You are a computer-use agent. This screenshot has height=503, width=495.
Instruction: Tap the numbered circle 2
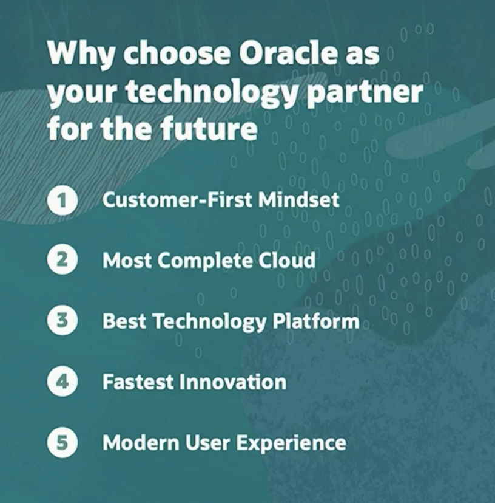(62, 259)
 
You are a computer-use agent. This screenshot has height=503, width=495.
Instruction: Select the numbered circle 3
(62, 320)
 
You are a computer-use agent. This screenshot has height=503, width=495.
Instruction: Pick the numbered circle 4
(62, 381)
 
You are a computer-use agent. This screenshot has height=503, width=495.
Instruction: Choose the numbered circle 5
(62, 442)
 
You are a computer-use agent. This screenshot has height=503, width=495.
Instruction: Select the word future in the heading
(209, 128)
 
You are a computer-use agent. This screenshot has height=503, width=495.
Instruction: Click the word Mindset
(298, 199)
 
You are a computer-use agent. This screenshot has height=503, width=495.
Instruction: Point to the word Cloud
(287, 260)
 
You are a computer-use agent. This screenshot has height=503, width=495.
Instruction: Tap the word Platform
(316, 321)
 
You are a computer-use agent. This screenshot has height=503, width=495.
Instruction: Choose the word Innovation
(233, 382)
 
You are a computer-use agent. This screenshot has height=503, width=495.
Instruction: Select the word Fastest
(138, 382)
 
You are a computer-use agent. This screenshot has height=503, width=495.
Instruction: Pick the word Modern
(141, 442)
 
